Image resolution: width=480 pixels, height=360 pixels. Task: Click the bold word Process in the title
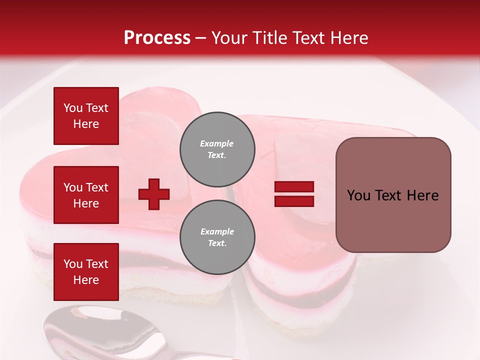pos(157,38)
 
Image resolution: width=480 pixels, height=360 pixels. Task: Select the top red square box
pos(86,116)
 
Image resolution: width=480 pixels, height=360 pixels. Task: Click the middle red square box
pos(86,195)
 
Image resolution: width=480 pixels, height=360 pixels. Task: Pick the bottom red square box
pos(86,272)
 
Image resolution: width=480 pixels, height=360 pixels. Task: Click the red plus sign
pos(154,194)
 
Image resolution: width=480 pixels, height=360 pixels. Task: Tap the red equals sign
pos(294,194)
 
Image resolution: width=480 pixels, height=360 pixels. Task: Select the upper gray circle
pos(217,149)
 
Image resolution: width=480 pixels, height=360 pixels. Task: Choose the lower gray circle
pos(217,237)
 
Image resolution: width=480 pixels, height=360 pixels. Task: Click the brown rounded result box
pos(393,195)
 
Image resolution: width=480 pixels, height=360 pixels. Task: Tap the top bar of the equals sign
pos(294,187)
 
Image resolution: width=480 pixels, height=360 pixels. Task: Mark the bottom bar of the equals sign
pos(294,201)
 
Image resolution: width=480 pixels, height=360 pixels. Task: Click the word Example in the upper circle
pos(217,143)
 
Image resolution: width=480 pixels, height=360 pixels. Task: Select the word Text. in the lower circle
pos(217,243)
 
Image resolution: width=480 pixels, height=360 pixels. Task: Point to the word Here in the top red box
pos(86,124)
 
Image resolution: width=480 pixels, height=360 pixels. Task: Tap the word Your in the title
pos(230,38)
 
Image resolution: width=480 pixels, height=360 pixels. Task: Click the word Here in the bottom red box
pos(86,280)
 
